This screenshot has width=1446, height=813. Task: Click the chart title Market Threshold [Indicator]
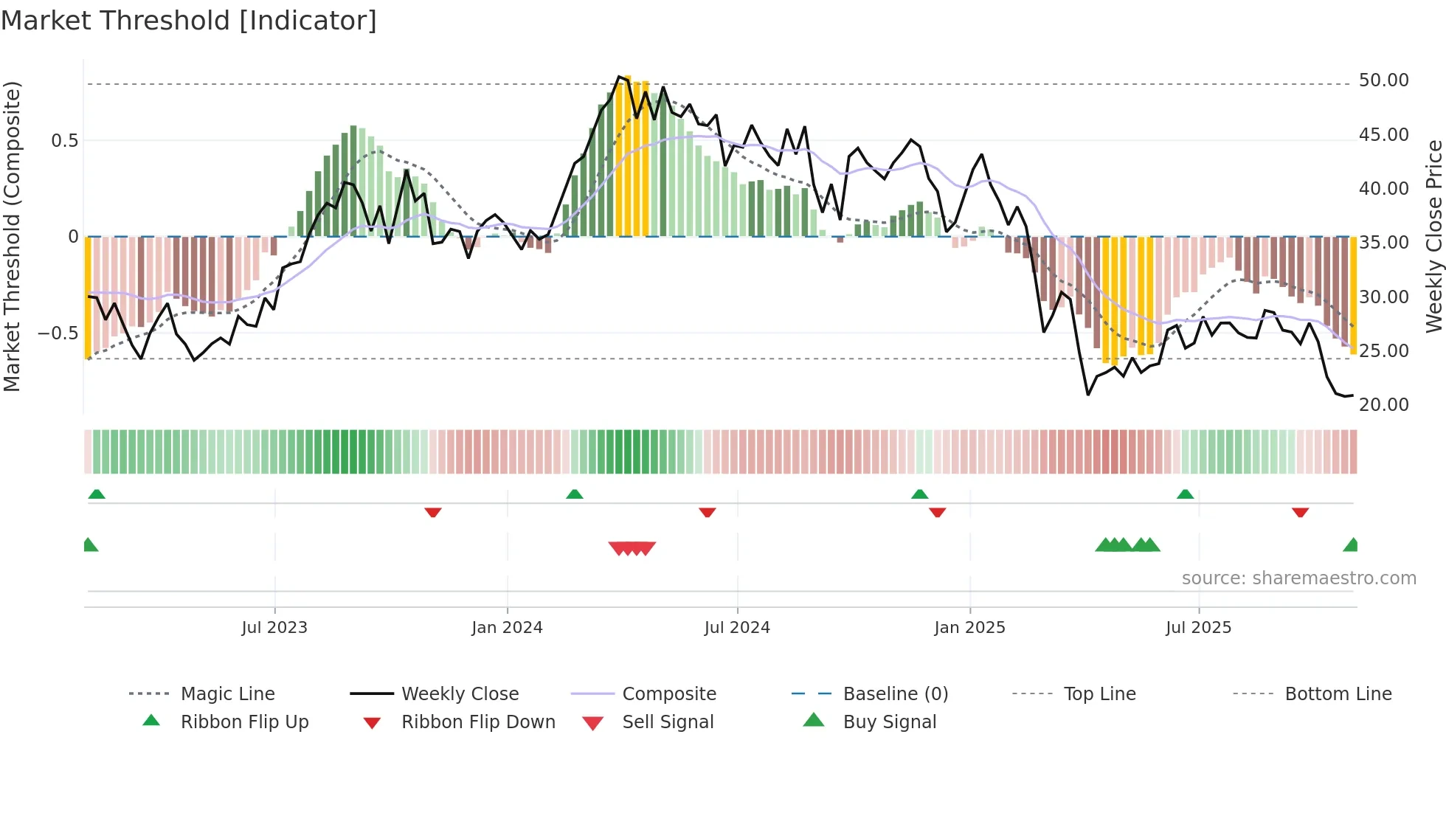coord(189,21)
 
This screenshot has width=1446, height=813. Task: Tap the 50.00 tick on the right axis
coord(1383,80)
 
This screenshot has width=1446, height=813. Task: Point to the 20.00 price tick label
coord(1383,405)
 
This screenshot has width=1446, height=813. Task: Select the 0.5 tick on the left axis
coord(64,141)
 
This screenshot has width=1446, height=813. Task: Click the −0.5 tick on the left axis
coord(58,333)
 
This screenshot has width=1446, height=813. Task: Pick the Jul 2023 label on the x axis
coord(274,628)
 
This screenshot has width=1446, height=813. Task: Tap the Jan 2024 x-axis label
coord(507,628)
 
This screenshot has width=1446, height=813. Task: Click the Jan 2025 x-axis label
coord(969,628)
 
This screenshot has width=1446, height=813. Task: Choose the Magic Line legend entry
coord(227,694)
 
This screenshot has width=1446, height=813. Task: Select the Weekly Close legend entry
coord(460,694)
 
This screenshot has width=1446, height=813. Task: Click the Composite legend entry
coord(669,694)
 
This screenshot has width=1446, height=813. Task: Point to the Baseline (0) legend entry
coord(895,694)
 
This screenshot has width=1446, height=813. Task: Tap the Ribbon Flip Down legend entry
coord(478,722)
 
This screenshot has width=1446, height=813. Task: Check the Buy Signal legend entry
coord(889,722)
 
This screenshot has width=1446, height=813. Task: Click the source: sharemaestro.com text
coord(1298,578)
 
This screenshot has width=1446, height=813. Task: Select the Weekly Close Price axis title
coord(1433,236)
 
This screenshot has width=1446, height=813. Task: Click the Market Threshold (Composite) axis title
coord(12,236)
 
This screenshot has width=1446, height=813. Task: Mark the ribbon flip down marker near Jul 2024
coord(707,512)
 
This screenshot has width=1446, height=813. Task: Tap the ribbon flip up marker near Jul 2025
coord(1185,494)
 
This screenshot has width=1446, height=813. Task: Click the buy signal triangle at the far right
coord(1351,545)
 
